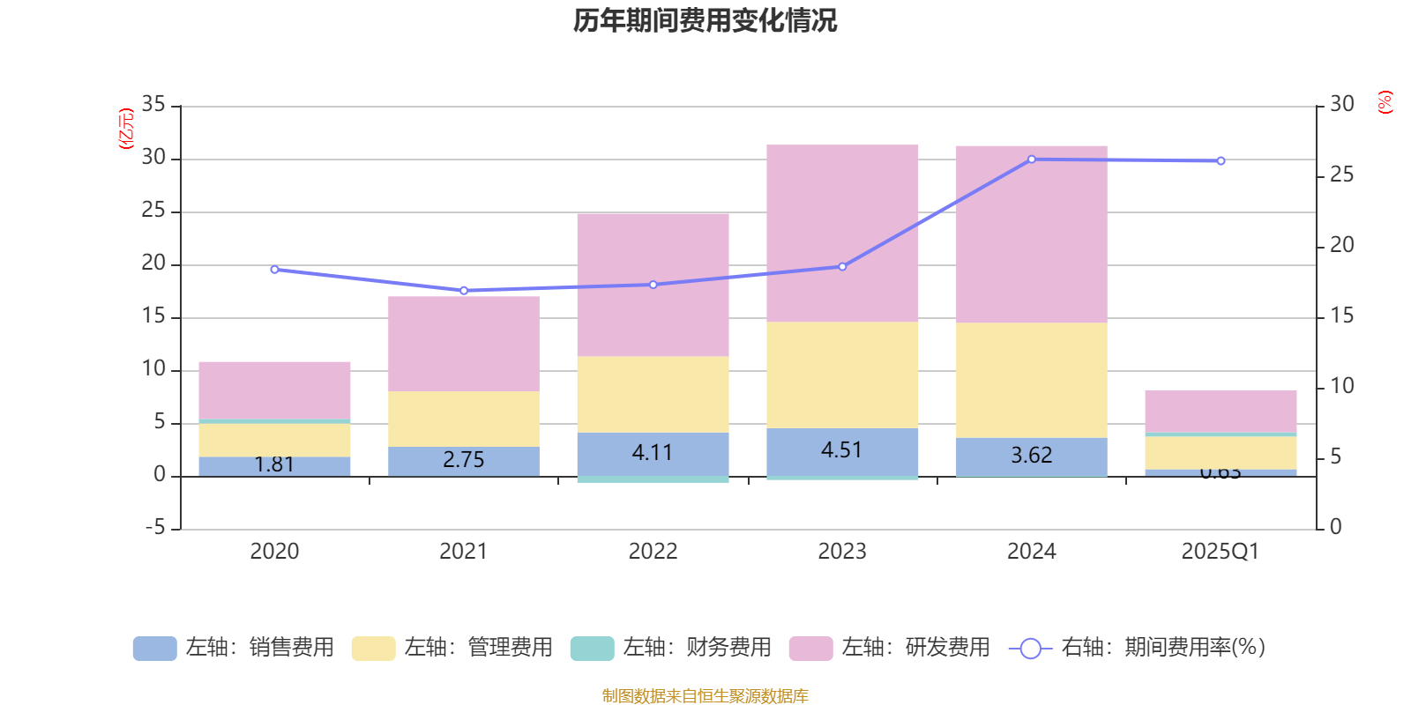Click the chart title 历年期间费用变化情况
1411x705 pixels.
pyautogui.click(x=705, y=21)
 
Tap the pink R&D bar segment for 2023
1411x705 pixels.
pyautogui.click(x=842, y=233)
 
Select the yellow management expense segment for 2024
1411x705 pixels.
pyautogui.click(x=1031, y=380)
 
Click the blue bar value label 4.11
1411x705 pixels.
pyautogui.click(x=653, y=453)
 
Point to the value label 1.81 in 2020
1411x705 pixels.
pyautogui.click(x=274, y=464)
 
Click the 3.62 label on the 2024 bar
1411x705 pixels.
pyautogui.click(x=1031, y=456)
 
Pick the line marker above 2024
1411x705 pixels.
pyautogui.click(x=1032, y=160)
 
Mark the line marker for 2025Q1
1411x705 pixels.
pyautogui.click(x=1221, y=161)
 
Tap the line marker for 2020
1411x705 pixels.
pyautogui.click(x=274, y=270)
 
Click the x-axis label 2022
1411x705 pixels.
pyautogui.click(x=653, y=552)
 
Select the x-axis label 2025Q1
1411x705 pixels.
pyautogui.click(x=1220, y=552)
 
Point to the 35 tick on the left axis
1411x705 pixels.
pyautogui.click(x=153, y=105)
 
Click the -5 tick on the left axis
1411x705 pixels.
pyautogui.click(x=153, y=528)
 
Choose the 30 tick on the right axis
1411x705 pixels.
pyautogui.click(x=1341, y=105)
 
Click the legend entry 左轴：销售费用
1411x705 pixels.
pyautogui.click(x=234, y=648)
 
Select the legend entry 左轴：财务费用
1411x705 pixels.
pyautogui.click(x=671, y=648)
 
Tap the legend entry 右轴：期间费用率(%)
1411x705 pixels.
pyautogui.click(x=1138, y=648)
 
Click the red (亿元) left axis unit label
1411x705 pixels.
pyautogui.click(x=126, y=129)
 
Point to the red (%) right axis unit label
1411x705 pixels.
pyautogui.click(x=1385, y=102)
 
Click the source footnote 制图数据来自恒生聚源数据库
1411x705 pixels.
pyautogui.click(x=705, y=696)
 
